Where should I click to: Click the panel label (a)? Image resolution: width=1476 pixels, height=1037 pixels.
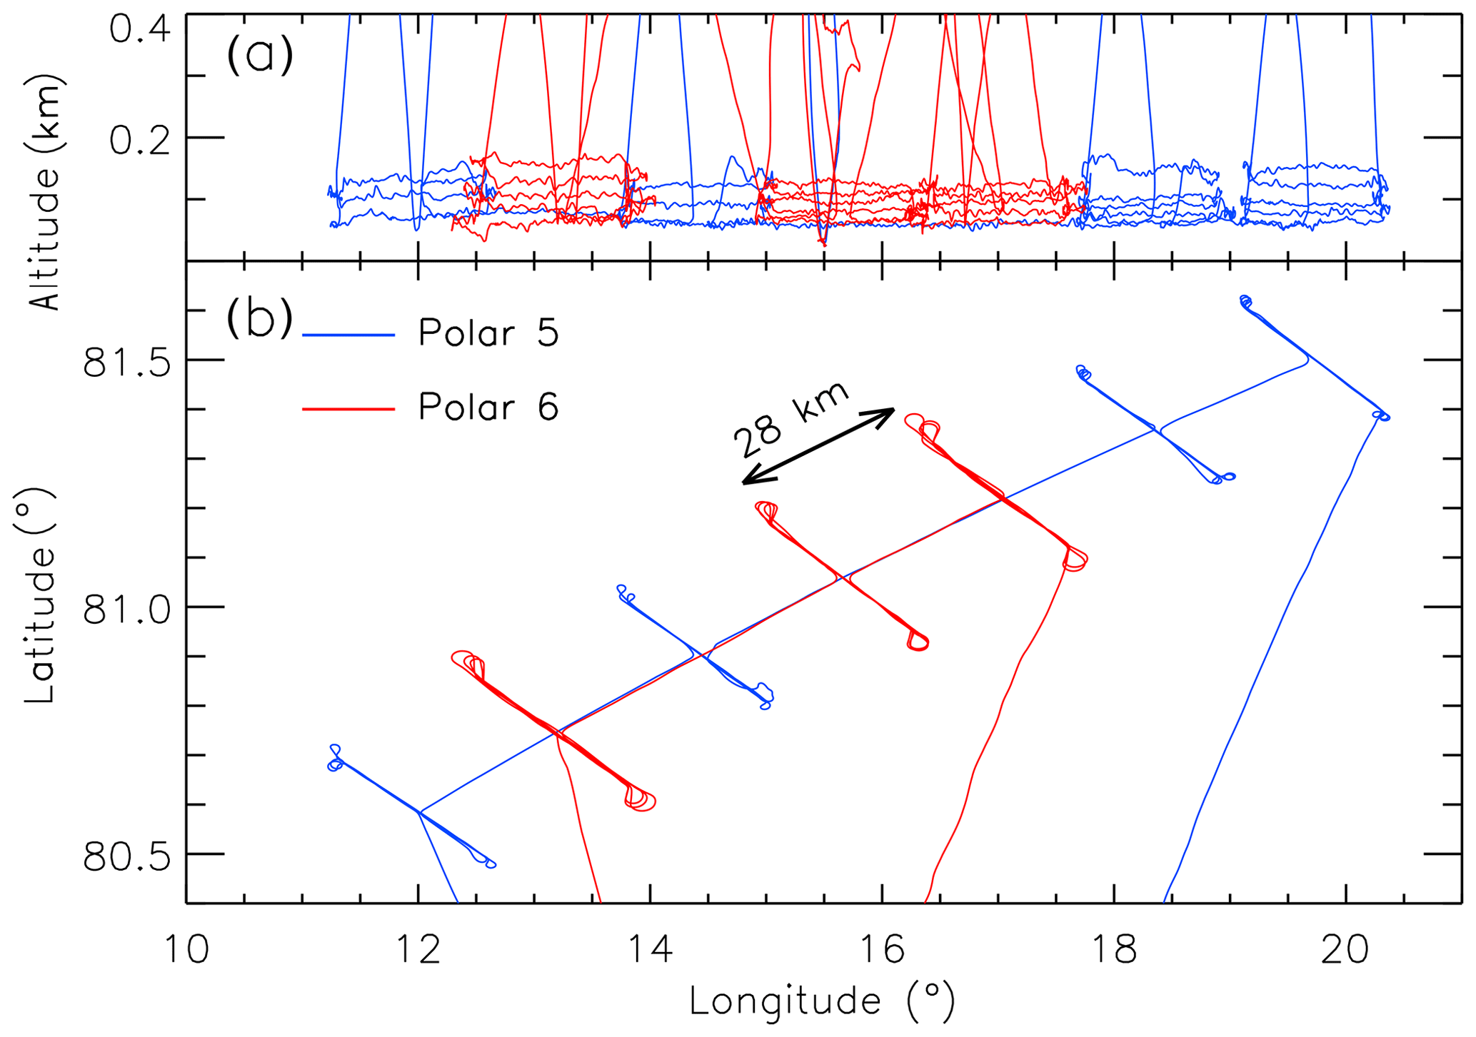260,54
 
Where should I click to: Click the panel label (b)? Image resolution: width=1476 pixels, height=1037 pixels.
260,318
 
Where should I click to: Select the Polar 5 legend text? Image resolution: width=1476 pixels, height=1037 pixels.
488,333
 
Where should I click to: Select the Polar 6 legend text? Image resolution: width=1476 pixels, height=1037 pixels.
488,407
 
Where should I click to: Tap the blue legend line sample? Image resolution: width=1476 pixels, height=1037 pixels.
348,335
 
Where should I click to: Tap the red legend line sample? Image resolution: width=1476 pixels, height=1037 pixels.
348,409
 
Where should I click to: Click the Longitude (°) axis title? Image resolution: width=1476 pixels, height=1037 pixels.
822,1001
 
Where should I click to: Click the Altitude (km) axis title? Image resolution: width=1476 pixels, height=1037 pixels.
46,193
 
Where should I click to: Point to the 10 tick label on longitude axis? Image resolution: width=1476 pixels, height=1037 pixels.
187,951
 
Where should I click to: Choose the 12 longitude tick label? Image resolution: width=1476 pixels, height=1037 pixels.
418,951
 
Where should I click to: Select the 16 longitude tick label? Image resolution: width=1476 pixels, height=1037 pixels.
883,951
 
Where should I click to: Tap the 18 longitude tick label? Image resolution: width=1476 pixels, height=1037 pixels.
1114,951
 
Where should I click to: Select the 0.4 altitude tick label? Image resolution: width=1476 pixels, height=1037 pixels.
139,31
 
